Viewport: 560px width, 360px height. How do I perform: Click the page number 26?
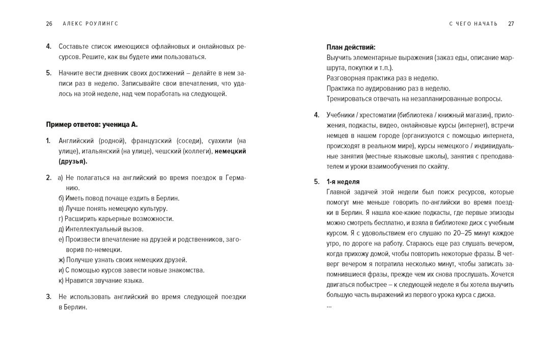coord(49,23)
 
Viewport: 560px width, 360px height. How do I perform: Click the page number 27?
coord(511,23)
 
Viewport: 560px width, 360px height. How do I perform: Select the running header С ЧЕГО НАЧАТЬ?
coord(473,23)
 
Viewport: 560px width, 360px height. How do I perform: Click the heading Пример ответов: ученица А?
coord(92,124)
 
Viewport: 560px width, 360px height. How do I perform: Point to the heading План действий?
coord(351,47)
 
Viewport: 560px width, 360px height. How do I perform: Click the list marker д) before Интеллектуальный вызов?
coord(61,229)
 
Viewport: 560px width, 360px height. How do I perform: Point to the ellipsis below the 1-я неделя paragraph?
coord(329,306)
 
